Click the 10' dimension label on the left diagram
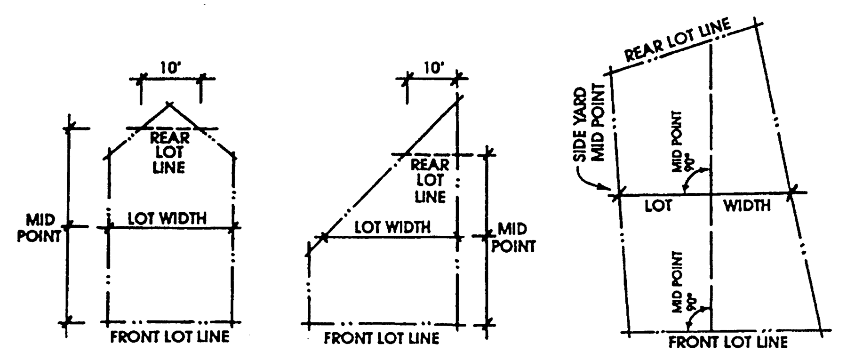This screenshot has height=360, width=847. coord(170,68)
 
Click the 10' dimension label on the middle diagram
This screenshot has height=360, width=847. coord(433,68)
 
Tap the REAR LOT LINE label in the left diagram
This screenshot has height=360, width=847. coord(169,152)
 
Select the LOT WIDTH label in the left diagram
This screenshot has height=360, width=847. coord(167,218)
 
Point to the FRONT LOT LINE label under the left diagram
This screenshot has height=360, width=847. coord(170,337)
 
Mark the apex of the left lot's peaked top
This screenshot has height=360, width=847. coord(169,104)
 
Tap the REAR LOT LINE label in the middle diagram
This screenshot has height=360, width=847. coord(430,181)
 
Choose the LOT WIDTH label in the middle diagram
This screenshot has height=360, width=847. coord(392,228)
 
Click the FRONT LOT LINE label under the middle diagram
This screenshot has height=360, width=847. coord(381,338)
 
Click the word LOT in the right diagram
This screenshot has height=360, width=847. coord(657,206)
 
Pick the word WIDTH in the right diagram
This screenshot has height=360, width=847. coord(747,206)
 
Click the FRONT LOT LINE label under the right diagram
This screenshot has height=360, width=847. coord(728,342)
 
